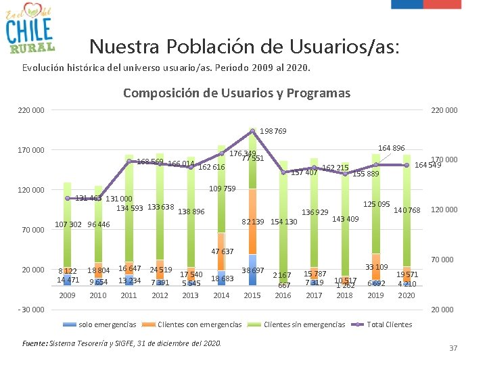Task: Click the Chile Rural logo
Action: pyautogui.click(x=29, y=28)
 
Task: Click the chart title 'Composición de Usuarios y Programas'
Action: pyautogui.click(x=237, y=93)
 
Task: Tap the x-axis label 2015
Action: pyautogui.click(x=252, y=295)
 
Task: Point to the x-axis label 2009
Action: pyautogui.click(x=67, y=295)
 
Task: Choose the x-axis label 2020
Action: pyautogui.click(x=407, y=295)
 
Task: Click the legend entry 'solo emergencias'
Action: pyautogui.click(x=108, y=324)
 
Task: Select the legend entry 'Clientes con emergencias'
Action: pyautogui.click(x=199, y=324)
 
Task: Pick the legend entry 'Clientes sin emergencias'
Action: pyautogui.click(x=304, y=324)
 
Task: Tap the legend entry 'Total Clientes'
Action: pyautogui.click(x=389, y=324)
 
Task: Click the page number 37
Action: pyautogui.click(x=453, y=348)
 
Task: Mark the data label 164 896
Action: pyautogui.click(x=391, y=148)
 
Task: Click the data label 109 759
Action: pyautogui.click(x=223, y=189)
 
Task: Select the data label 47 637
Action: pyautogui.click(x=223, y=251)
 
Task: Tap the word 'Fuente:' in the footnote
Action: pyautogui.click(x=34, y=343)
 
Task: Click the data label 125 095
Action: pyautogui.click(x=377, y=204)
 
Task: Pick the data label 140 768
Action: pyautogui.click(x=408, y=211)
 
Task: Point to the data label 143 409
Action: pyautogui.click(x=346, y=218)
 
